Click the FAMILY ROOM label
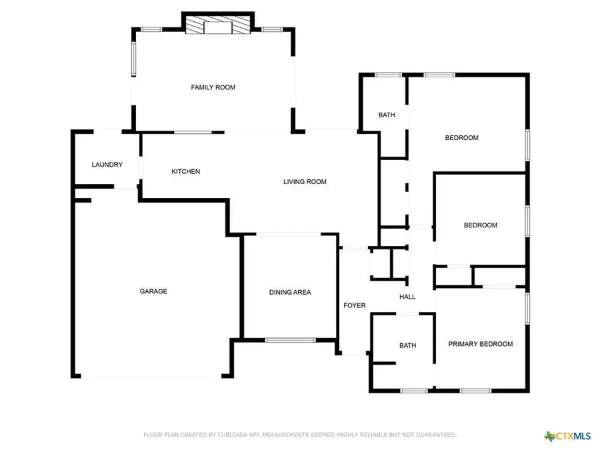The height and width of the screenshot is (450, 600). click(213, 87)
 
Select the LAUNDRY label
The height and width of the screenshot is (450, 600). click(107, 165)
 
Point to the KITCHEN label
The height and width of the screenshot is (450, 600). click(186, 171)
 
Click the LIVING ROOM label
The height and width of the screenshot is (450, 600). click(305, 181)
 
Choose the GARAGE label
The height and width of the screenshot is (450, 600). click(153, 291)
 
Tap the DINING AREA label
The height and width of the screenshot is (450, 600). click(290, 292)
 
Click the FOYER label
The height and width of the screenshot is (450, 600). click(355, 305)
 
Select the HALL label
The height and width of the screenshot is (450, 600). click(407, 297)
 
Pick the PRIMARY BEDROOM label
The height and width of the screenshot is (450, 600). click(481, 344)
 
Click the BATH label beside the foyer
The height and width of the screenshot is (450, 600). click(407, 345)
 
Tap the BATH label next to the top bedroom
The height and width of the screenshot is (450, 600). click(387, 115)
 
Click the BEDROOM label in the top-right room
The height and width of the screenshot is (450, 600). click(462, 138)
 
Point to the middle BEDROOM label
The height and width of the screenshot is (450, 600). click(481, 225)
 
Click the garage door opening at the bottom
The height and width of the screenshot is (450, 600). click(152, 377)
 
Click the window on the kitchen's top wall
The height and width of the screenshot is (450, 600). click(194, 132)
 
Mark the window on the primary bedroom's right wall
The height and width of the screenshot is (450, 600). click(527, 309)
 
